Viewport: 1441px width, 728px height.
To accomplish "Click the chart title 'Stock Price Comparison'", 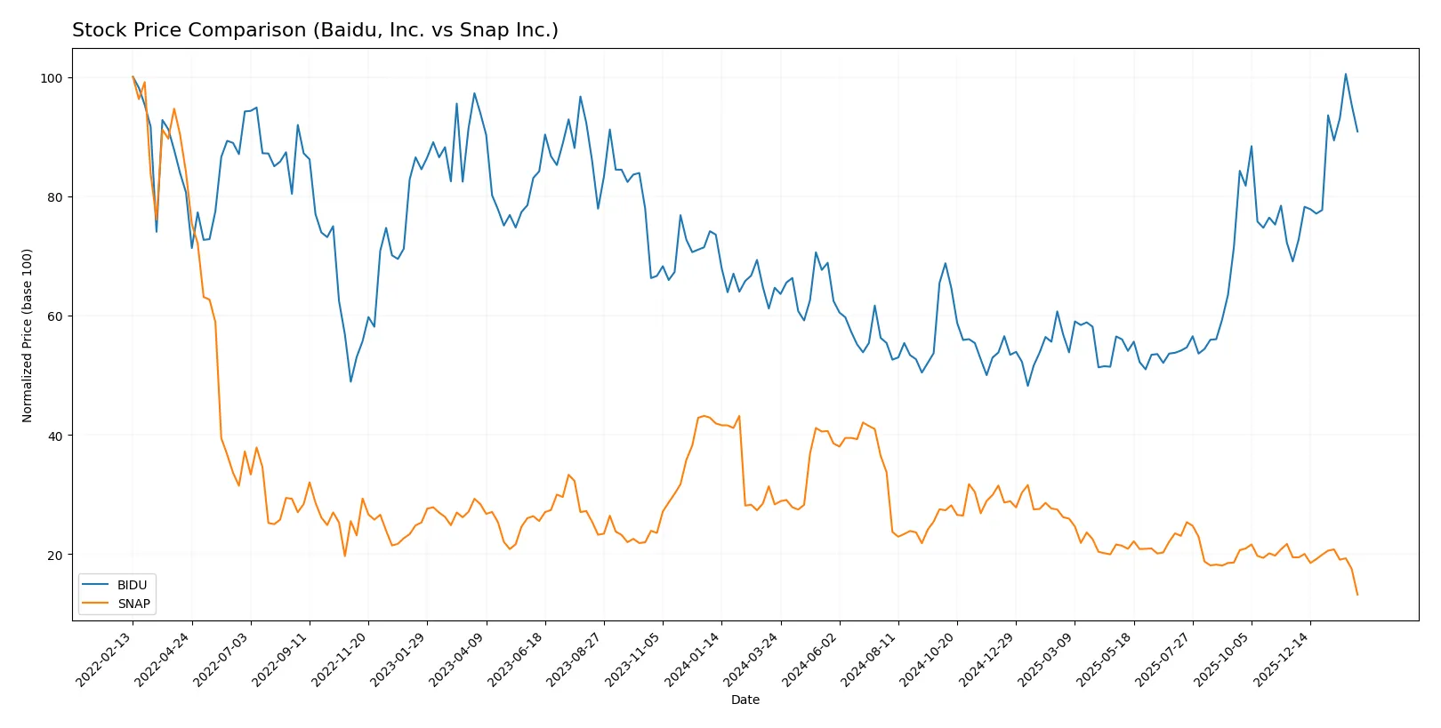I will tap(315, 30).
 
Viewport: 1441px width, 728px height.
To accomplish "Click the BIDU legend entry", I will tap(132, 585).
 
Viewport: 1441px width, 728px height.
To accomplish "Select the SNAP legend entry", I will tap(133, 604).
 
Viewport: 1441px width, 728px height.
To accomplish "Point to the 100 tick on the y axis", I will tap(52, 78).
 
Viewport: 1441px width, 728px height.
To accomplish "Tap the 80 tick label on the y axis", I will tap(54, 197).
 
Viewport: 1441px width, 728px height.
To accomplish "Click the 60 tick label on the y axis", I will tap(54, 316).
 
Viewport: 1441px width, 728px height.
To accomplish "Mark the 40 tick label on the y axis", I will tap(54, 436).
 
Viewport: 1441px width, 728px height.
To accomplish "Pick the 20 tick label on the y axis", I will tap(54, 555).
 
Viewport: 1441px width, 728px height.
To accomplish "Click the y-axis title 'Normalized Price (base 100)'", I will tap(28, 335).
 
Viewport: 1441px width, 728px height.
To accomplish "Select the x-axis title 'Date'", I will tap(745, 700).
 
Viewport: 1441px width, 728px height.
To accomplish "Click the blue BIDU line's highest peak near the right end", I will tap(1345, 75).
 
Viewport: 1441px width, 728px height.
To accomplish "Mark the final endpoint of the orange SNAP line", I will tap(1357, 595).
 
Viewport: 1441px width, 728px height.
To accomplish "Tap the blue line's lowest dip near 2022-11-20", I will tap(350, 381).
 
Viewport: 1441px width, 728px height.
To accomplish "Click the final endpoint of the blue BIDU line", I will tap(1357, 132).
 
